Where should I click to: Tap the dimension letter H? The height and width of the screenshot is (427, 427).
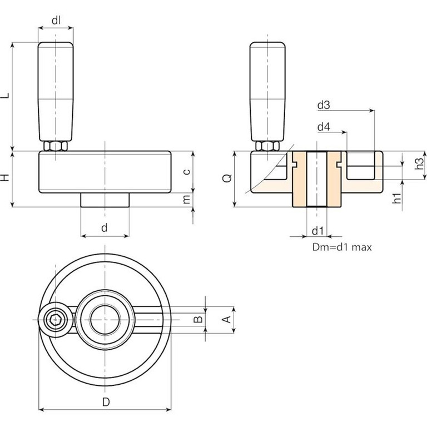(x=6, y=178)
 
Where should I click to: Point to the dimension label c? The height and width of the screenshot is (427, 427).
(x=187, y=171)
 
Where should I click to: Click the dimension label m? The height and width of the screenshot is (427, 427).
(x=187, y=198)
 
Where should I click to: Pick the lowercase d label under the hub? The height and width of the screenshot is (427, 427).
(x=104, y=228)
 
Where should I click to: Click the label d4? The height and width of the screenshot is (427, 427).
(x=324, y=127)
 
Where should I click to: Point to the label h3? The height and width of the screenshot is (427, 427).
(x=420, y=165)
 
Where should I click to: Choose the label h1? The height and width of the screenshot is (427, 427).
(x=396, y=198)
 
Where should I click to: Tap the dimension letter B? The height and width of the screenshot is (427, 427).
(x=196, y=319)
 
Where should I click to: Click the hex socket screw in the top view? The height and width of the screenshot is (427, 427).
(x=56, y=320)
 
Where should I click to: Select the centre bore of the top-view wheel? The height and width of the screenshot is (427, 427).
(x=104, y=320)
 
